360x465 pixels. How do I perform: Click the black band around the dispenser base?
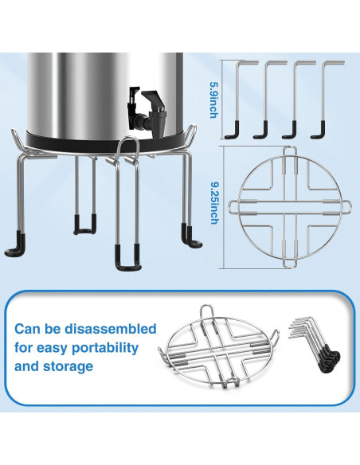[104, 143]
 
